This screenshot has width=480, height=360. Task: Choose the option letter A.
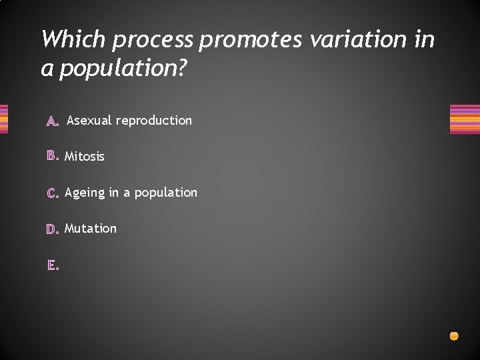tap(53, 121)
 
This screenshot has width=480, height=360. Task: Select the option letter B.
tap(53, 157)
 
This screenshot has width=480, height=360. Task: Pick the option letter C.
tap(53, 193)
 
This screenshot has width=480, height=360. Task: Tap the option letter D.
tap(53, 229)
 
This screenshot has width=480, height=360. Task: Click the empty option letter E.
tap(53, 265)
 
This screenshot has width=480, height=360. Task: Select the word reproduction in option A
tap(153, 121)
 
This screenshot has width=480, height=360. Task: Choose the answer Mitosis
tap(85, 157)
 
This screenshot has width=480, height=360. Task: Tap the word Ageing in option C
tap(85, 193)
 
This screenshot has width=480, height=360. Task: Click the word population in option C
tap(165, 193)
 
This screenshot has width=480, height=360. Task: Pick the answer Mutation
tap(91, 229)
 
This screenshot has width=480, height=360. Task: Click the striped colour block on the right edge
tap(465, 119)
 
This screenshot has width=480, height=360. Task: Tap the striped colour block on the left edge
tap(3, 119)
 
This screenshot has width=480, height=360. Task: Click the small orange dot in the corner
tap(454, 336)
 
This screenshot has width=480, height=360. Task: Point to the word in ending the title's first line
tap(424, 39)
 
